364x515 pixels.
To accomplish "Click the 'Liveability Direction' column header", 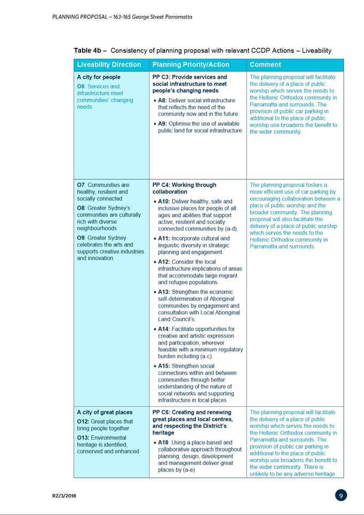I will [x=109, y=65].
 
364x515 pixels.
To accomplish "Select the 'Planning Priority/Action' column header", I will [x=191, y=65].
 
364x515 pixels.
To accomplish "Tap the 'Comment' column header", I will [x=265, y=65].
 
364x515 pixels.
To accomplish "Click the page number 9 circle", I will [x=341, y=495].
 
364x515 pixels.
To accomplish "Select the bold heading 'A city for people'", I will [x=99, y=77].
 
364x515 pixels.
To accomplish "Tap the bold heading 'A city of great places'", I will [x=105, y=413].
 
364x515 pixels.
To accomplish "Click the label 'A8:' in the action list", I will [x=163, y=100].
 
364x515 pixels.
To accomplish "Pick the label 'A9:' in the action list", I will [x=163, y=124].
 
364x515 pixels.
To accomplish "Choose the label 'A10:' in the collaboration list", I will [x=165, y=202].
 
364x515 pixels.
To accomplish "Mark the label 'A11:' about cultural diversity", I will [x=165, y=238].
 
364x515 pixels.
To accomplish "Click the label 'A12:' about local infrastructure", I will [x=165, y=262].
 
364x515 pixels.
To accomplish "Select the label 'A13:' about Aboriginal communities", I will [x=165, y=292].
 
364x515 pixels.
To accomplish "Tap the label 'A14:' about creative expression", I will [x=165, y=329].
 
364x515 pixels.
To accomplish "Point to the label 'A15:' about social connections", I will [x=165, y=366].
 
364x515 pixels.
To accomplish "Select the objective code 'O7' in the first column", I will [x=81, y=185].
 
